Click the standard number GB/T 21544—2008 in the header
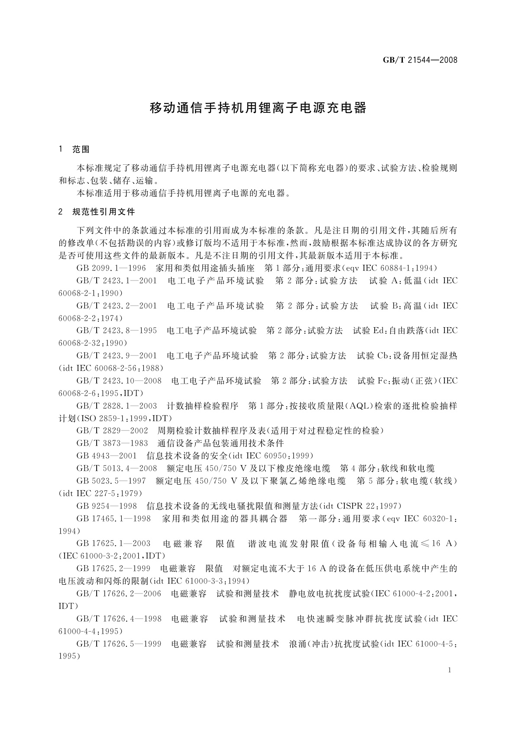click(x=420, y=60)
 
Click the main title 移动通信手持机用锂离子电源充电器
click(x=258, y=108)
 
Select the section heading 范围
click(x=81, y=150)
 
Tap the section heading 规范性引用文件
click(x=104, y=212)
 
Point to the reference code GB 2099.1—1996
click(x=111, y=268)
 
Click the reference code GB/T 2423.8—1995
click(x=117, y=331)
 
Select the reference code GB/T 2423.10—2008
click(x=119, y=381)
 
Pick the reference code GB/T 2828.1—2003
click(x=117, y=406)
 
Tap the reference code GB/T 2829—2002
click(x=112, y=431)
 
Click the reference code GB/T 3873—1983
click(x=112, y=443)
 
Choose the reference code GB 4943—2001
click(x=106, y=456)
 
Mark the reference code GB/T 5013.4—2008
click(x=117, y=468)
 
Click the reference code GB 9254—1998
click(x=107, y=506)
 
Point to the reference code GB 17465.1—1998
click(x=114, y=518)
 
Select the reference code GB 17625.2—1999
click(x=114, y=568)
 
